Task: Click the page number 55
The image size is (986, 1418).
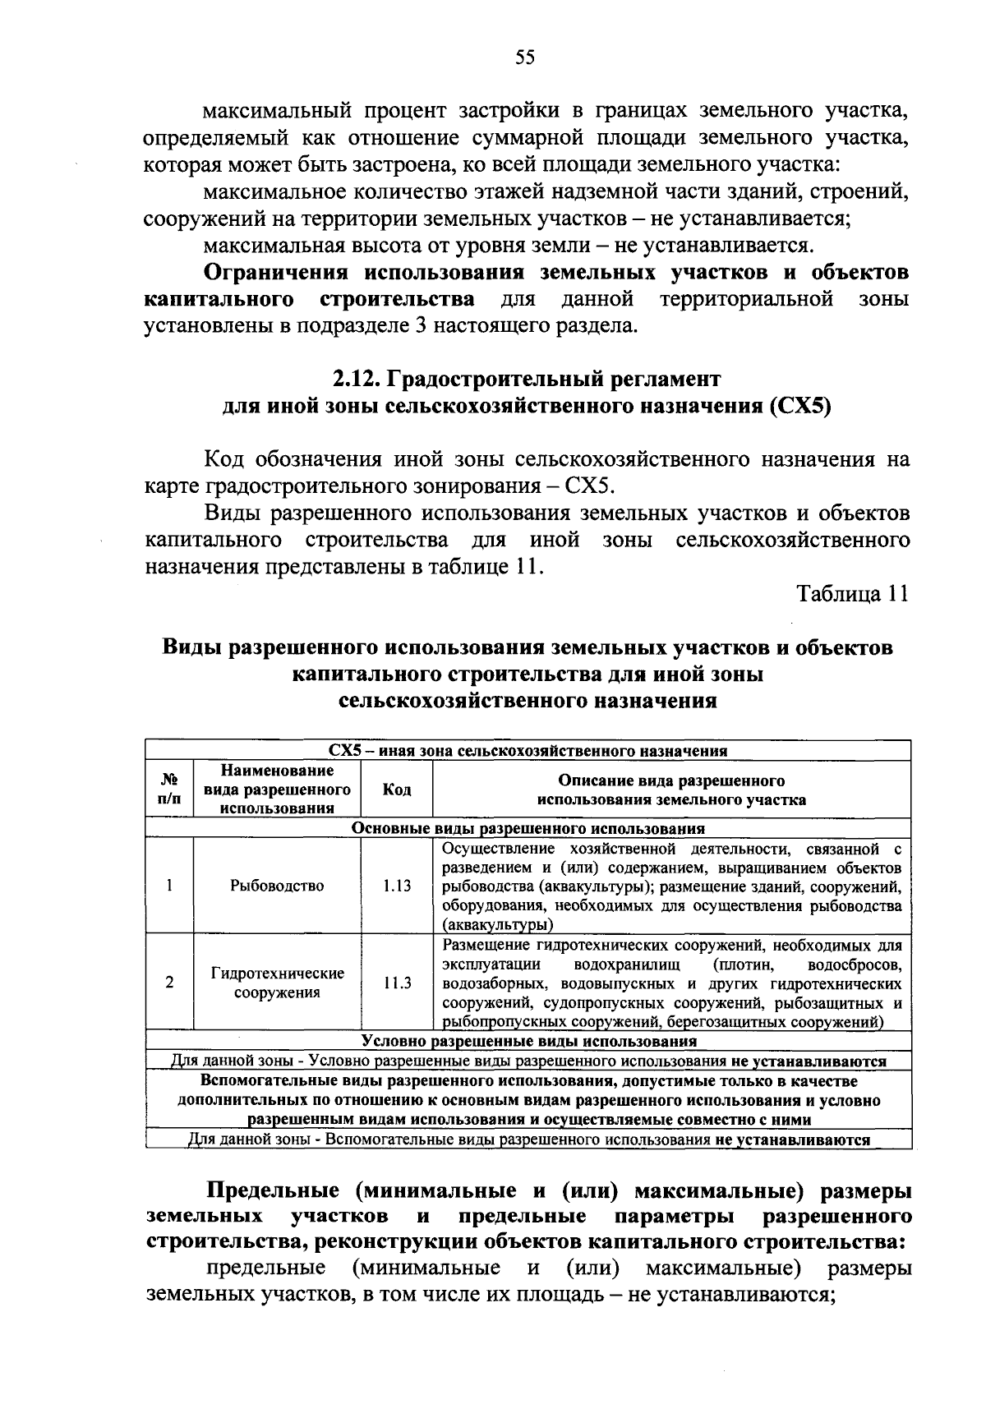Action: pos(525,57)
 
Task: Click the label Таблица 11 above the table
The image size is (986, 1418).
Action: pos(853,594)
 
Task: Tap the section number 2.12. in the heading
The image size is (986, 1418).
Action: pos(355,379)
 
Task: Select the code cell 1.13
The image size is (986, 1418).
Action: pos(397,886)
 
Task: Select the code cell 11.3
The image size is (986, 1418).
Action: pos(397,983)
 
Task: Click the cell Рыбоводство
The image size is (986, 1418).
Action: pos(277,886)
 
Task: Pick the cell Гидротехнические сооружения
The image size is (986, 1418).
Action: pos(277,983)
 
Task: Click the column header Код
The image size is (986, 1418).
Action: pos(397,790)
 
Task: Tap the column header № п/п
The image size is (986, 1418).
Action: pos(169,790)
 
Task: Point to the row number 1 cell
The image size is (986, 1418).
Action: pos(169,886)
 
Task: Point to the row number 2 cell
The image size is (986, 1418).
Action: pos(169,983)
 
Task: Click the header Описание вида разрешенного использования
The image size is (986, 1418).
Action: pos(671,790)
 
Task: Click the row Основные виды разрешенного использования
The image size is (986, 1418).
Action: pos(528,828)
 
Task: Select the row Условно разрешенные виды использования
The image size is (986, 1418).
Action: pos(528,1041)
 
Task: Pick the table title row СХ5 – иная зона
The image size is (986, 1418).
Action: pos(528,750)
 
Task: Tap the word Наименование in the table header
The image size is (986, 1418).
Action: pos(277,771)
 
